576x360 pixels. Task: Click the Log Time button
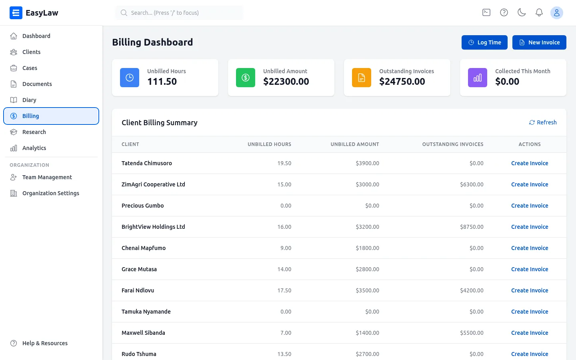pos(484,42)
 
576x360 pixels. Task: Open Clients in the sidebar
pos(31,52)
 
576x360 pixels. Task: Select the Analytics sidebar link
pos(34,148)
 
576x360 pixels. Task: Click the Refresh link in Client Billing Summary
pos(543,122)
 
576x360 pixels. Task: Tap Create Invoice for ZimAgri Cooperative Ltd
pos(530,184)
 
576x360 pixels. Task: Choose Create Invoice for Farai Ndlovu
pos(530,290)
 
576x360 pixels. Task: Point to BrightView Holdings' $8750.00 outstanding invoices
pos(472,227)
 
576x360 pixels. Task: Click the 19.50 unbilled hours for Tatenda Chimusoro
pos(284,163)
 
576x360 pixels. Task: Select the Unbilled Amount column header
pos(354,144)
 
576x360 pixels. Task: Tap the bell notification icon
pos(539,13)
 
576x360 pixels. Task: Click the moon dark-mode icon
pos(522,13)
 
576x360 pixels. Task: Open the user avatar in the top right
pos(556,13)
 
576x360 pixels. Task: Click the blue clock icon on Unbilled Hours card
pos(130,78)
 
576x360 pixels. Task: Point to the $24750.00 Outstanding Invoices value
pos(402,82)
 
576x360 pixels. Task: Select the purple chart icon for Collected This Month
pos(478,78)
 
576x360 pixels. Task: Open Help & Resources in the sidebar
pos(45,343)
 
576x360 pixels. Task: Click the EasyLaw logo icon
pos(16,13)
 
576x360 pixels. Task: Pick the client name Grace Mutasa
pos(139,269)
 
